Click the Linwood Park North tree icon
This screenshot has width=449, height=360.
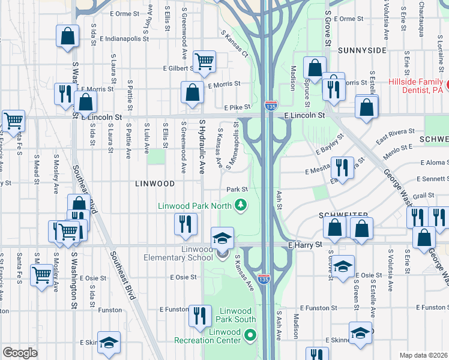tap(241, 205)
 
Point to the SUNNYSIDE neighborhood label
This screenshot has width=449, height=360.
tap(361, 50)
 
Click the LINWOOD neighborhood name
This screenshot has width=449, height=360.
tap(155, 184)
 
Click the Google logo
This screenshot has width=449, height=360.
tap(20, 353)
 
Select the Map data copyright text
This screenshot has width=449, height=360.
tap(424, 355)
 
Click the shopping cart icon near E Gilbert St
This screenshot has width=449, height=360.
tap(204, 61)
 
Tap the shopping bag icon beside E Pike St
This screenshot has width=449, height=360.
tap(193, 94)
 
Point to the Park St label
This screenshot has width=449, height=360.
tap(237, 190)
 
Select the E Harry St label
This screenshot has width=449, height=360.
tap(305, 245)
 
